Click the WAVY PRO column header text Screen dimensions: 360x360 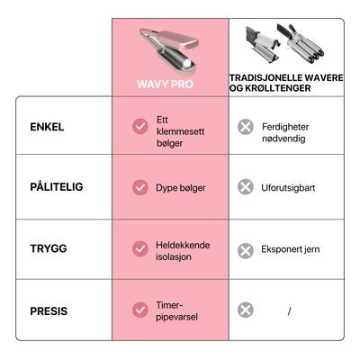(165, 84)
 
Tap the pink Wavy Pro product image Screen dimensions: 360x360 (169, 52)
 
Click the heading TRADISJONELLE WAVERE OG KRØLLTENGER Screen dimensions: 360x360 (286, 83)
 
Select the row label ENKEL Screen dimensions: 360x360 (47, 127)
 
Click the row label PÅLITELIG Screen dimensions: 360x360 (57, 187)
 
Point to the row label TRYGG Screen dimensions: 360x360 (49, 248)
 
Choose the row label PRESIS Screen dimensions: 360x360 (49, 311)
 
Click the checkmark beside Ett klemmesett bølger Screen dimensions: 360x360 (140, 126)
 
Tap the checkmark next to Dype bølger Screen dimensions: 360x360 (140, 187)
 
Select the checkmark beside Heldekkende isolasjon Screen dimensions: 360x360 (140, 248)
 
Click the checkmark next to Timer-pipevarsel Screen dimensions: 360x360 (140, 310)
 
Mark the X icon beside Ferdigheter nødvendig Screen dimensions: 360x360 (246, 127)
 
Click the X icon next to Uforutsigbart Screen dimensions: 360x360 (246, 187)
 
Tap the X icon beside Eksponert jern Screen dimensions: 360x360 (246, 250)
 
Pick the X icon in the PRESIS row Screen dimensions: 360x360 (246, 310)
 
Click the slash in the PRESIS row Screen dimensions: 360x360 (289, 311)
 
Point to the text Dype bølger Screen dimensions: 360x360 (181, 188)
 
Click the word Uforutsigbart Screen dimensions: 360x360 (288, 188)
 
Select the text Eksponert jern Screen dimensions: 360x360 (291, 249)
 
